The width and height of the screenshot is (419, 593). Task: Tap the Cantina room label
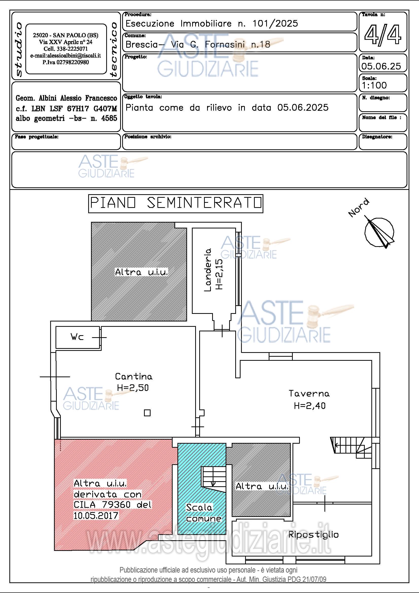point(134,376)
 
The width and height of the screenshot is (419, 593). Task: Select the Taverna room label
point(309,394)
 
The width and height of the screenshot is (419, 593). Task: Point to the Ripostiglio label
point(313,535)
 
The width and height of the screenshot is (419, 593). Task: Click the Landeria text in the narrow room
point(208,270)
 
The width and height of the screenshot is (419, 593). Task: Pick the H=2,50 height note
point(133,388)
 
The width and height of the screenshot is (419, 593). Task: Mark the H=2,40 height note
point(309,405)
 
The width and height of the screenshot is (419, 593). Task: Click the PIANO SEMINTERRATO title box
point(176,204)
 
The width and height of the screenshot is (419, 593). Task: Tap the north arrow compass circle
point(379,232)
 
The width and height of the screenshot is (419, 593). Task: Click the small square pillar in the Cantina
point(147,413)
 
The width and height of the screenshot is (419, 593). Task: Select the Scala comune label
point(204,513)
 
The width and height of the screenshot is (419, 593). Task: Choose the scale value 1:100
point(374,85)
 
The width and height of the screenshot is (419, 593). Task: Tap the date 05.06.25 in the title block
point(381,66)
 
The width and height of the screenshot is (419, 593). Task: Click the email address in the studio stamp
point(66,56)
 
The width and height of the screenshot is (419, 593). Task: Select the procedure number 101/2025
point(275,24)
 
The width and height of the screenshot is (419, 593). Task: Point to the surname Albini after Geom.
point(48,98)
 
